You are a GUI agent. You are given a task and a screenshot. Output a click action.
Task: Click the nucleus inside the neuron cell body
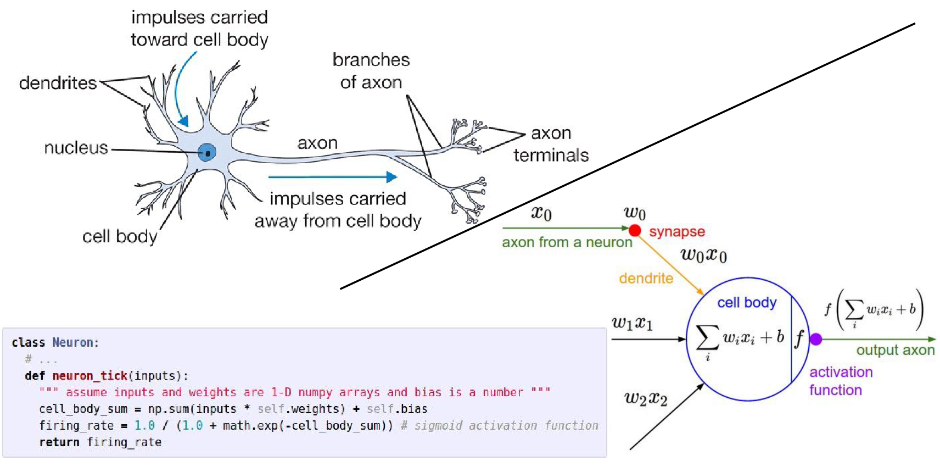207,152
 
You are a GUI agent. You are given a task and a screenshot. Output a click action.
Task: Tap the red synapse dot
635,230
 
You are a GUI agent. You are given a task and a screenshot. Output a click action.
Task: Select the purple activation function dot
816,340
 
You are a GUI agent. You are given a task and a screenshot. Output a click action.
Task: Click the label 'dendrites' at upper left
58,83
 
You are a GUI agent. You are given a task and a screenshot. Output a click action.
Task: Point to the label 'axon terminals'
551,145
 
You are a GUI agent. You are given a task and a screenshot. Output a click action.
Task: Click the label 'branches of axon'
371,71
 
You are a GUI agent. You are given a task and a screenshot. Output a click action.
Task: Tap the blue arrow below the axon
332,177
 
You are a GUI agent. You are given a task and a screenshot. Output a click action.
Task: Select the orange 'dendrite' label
646,279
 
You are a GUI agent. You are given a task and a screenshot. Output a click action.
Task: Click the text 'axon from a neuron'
567,242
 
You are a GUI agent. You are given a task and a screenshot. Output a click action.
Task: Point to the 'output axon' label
895,350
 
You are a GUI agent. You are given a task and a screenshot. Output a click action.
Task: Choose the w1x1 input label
632,323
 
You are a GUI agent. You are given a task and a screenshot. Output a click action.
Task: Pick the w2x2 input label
646,398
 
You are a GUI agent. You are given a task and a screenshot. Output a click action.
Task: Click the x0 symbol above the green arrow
541,213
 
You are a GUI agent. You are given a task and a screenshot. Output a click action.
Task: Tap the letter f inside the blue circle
799,338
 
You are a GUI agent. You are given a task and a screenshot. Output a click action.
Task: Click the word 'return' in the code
59,442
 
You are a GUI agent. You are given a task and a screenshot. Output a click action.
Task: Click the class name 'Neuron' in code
72,343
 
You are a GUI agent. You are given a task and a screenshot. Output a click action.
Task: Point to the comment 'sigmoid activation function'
506,426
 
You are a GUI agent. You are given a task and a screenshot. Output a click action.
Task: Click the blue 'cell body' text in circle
747,303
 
